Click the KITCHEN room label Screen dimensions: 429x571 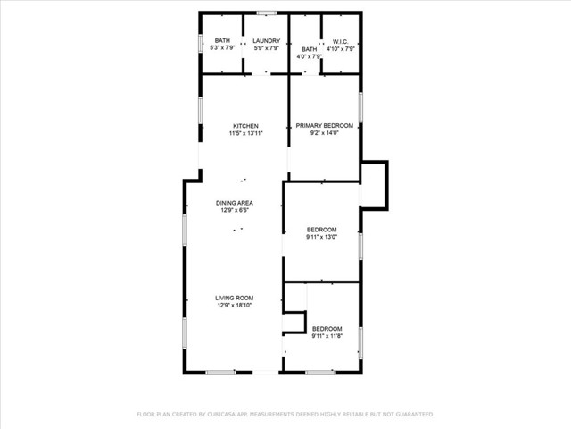[245, 126]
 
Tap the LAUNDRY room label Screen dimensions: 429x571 [266, 41]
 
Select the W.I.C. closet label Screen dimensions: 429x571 [340, 41]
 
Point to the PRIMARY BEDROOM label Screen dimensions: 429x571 [325, 126]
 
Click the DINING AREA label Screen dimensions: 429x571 [234, 203]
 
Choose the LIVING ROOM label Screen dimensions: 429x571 [235, 298]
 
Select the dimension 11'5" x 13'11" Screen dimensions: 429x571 [245, 134]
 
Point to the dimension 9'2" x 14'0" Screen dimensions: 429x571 [325, 134]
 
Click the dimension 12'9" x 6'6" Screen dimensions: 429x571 [234, 211]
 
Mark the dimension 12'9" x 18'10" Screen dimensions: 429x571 [235, 306]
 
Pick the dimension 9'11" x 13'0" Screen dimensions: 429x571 [321, 238]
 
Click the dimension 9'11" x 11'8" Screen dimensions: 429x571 [327, 337]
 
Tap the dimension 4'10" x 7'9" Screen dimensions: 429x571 [340, 49]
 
